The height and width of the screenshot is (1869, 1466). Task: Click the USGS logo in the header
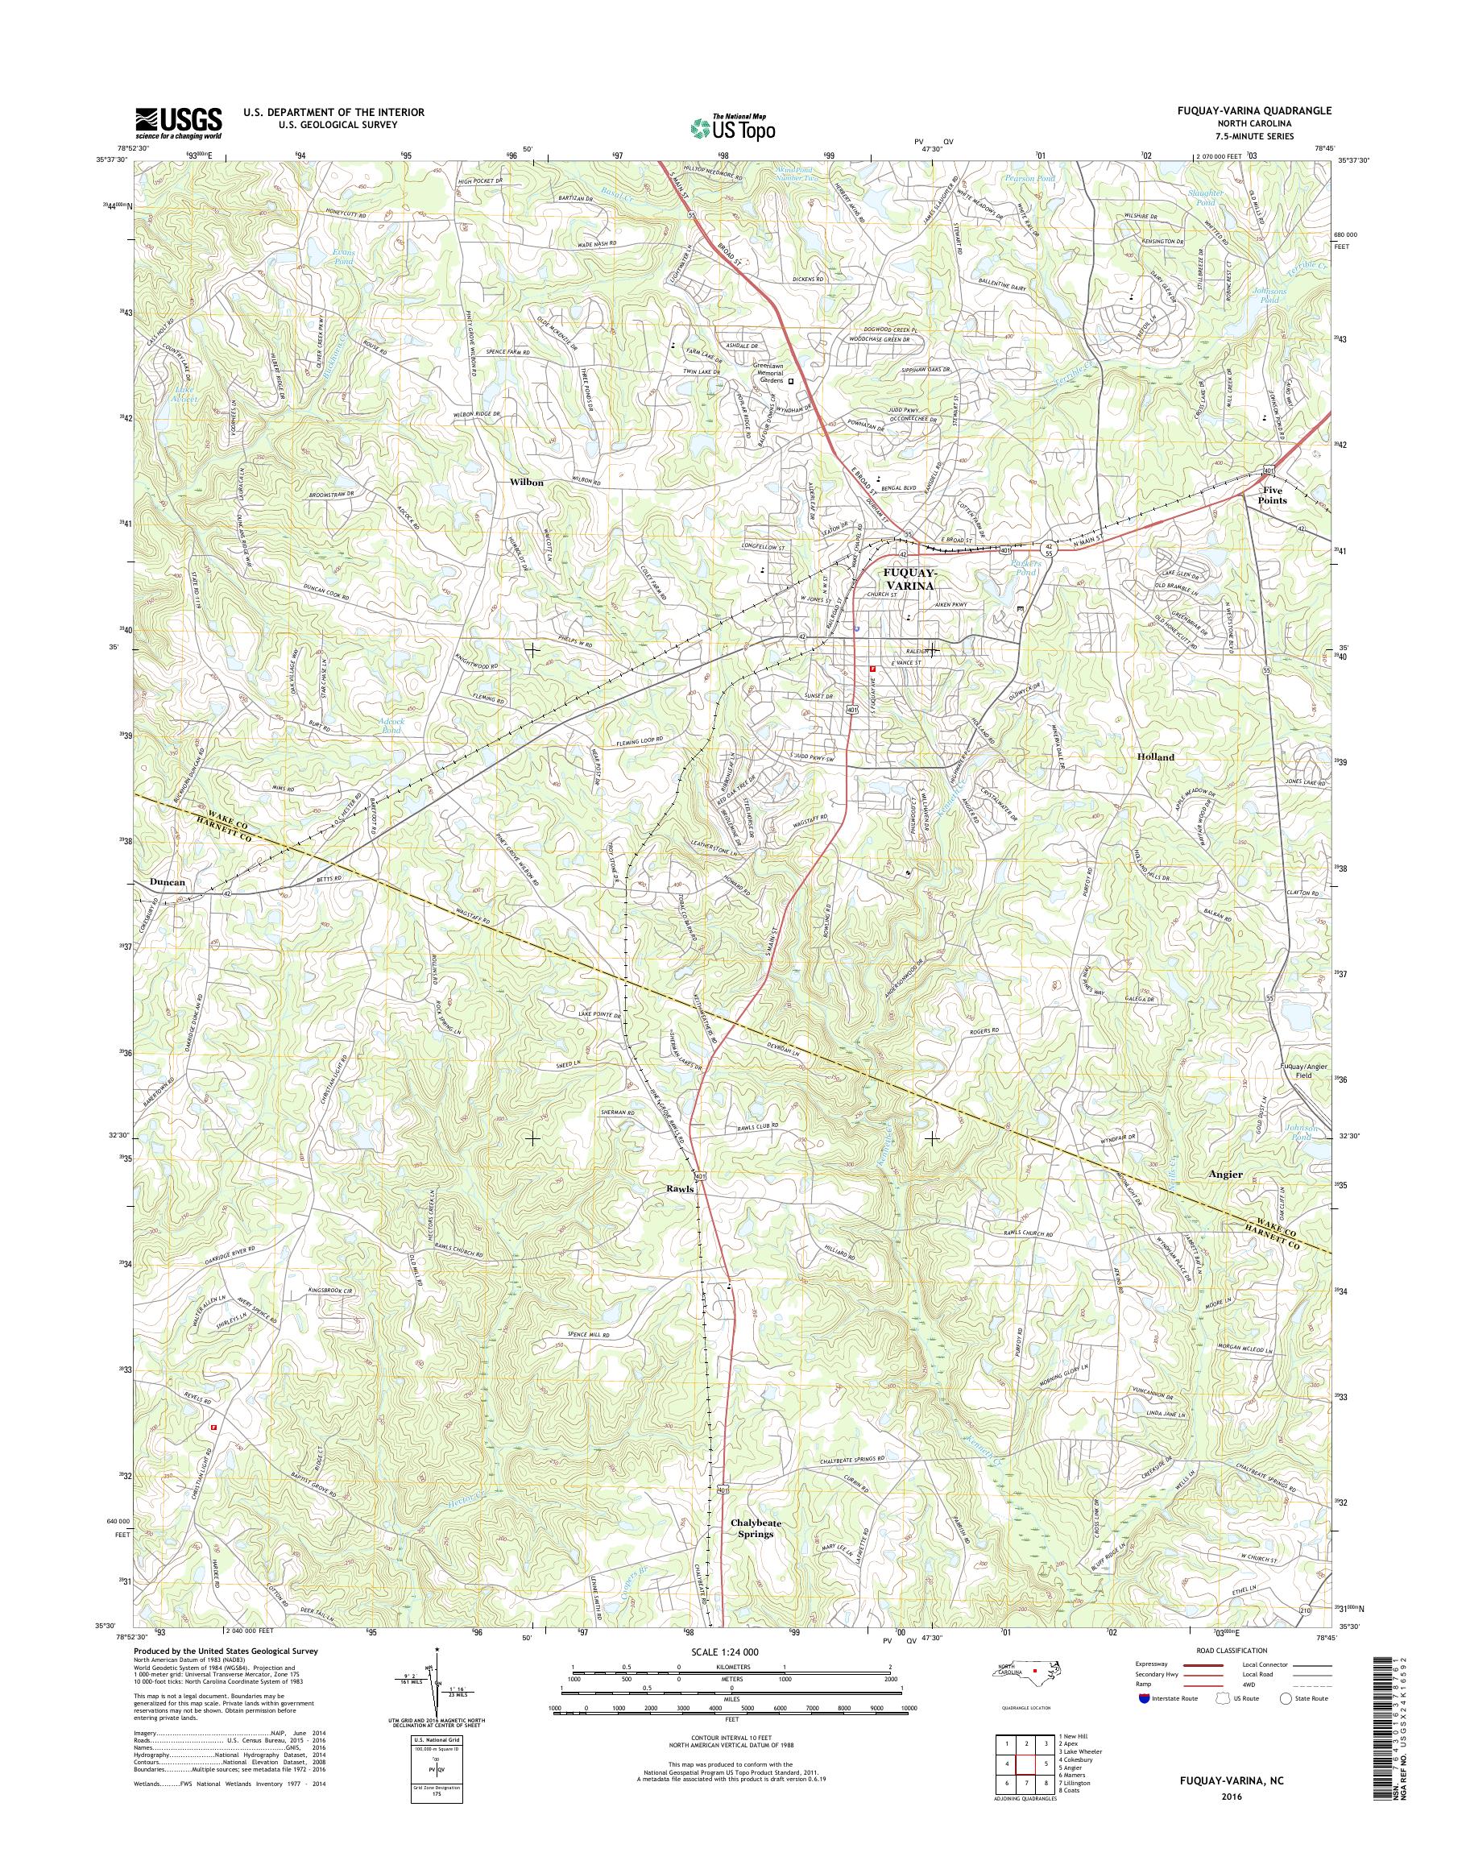179,122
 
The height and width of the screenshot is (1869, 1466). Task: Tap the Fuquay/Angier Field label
1304,1071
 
